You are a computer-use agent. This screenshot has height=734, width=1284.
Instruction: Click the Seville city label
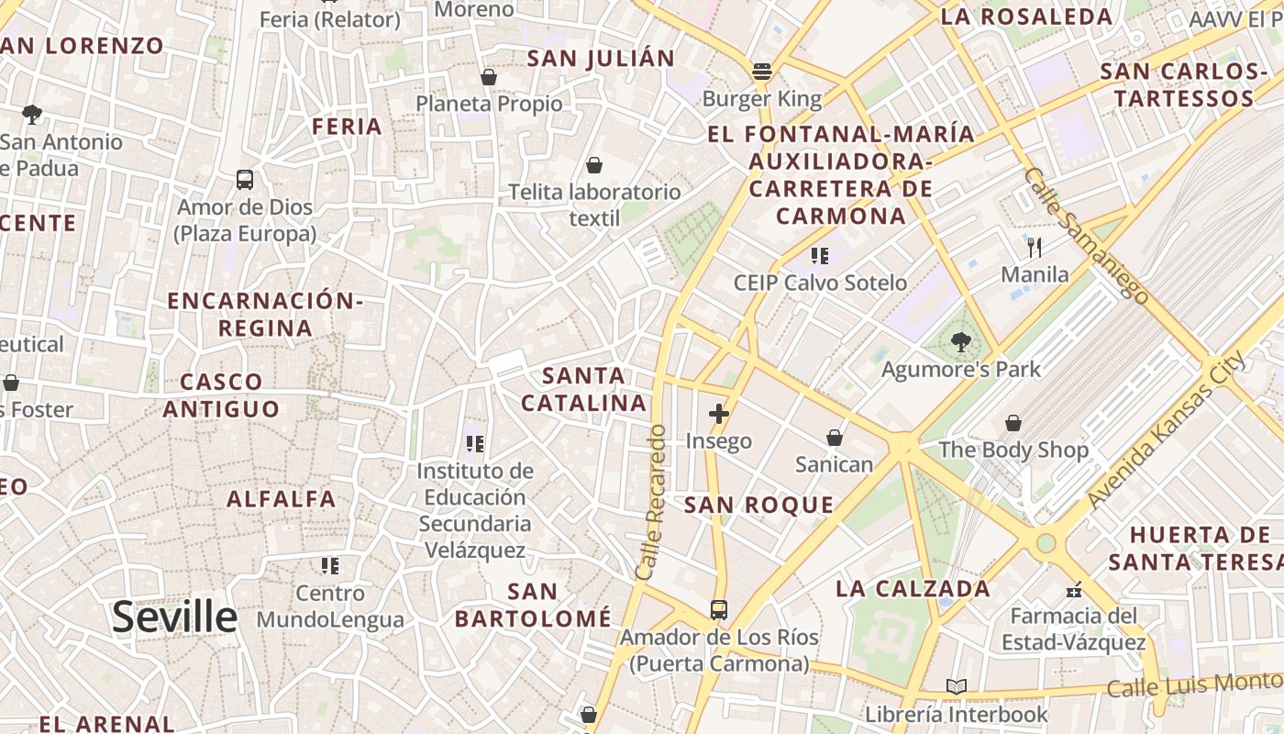coord(174,617)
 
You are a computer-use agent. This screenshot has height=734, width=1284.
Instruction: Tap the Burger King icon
coord(761,71)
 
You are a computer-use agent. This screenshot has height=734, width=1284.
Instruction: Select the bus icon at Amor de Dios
coord(244,180)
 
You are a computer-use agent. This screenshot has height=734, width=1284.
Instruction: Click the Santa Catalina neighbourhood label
coord(584,389)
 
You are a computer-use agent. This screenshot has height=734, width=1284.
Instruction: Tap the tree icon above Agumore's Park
coord(960,343)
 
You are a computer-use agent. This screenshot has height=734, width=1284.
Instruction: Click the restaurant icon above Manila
coord(1035,247)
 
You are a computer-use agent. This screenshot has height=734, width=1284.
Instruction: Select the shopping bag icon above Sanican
coord(835,438)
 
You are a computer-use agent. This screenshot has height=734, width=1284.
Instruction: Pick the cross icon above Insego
coord(719,414)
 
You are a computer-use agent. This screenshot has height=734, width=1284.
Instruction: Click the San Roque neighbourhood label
coord(759,505)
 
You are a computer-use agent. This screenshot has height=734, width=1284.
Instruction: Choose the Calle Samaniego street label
coord(1086,235)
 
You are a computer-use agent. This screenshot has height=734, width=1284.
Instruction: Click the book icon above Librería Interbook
coord(957,686)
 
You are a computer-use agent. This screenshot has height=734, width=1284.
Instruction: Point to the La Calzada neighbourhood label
coord(913,589)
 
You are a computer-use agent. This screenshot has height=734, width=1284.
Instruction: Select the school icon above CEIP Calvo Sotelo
coord(820,256)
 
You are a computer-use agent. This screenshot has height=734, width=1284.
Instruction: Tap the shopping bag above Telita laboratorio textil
coord(594,165)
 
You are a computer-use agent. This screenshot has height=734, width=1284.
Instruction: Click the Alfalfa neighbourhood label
coord(282,499)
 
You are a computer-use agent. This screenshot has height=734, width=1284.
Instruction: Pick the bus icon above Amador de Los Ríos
coord(719,609)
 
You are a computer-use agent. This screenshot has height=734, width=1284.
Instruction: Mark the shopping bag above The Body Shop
coord(1013,423)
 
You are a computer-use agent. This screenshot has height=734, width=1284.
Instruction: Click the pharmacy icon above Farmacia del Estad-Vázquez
coord(1074,589)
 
